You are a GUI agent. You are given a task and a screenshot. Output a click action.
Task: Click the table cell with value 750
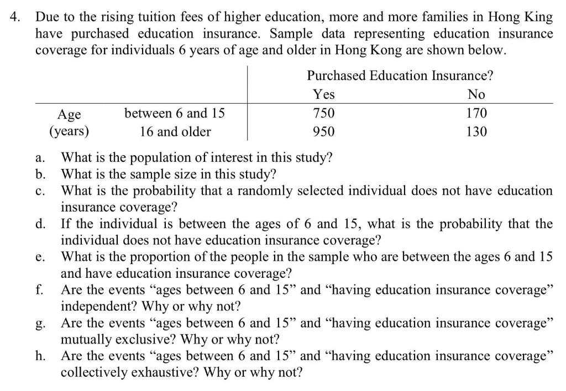tap(323, 114)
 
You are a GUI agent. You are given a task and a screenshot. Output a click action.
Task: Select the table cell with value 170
tap(476, 114)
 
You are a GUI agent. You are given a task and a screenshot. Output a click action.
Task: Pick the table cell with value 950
tap(323, 132)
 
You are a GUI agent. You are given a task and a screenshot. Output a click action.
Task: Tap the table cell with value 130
tap(476, 132)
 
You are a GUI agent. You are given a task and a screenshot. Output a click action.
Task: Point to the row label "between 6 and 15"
tap(175, 114)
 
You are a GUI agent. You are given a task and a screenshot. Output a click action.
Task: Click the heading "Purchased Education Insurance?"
tap(400, 76)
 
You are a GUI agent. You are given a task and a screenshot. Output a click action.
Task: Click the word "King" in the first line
tap(539, 17)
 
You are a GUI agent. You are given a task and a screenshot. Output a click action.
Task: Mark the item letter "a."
tap(39, 158)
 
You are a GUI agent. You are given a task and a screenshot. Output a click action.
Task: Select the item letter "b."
tap(39, 175)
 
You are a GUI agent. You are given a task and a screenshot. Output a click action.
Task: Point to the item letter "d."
tap(39, 224)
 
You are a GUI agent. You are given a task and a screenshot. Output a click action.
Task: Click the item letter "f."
tap(39, 290)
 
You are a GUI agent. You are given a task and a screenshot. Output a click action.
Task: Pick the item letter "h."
tap(39, 356)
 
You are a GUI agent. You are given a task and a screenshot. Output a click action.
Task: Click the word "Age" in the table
tap(70, 115)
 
